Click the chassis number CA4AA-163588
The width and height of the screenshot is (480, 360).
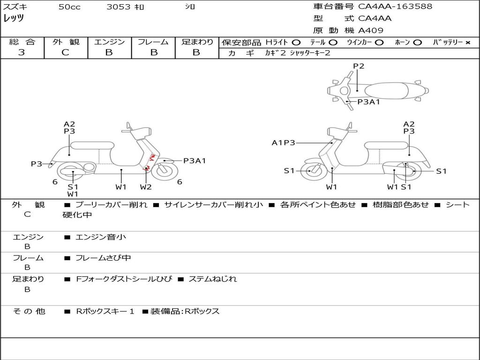tap(395, 7)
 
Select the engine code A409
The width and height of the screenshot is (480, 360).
tap(371, 30)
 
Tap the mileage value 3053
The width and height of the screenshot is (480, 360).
tap(119, 7)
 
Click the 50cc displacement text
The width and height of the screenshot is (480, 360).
tap(69, 7)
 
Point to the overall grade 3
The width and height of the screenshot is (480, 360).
tap(22, 52)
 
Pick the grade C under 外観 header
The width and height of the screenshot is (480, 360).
tap(65, 52)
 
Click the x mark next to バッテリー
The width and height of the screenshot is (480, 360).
tap(468, 43)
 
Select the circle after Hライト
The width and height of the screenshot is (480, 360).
tap(296, 43)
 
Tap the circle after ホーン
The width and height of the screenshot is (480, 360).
tap(417, 43)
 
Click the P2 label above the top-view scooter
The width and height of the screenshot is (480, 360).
tap(359, 66)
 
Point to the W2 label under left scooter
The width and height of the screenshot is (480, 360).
tap(146, 187)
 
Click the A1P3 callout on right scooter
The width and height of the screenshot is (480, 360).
tap(283, 142)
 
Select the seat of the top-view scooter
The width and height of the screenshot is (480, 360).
tap(386, 91)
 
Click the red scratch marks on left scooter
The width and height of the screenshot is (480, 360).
tap(149, 163)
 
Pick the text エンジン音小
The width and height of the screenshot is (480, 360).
tap(101, 237)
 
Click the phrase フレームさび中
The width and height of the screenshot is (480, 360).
tap(103, 258)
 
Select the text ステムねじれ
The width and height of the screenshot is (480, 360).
tap(212, 279)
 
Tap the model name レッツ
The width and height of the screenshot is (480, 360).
tap(14, 18)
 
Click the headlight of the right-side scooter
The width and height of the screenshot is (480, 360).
tap(337, 132)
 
